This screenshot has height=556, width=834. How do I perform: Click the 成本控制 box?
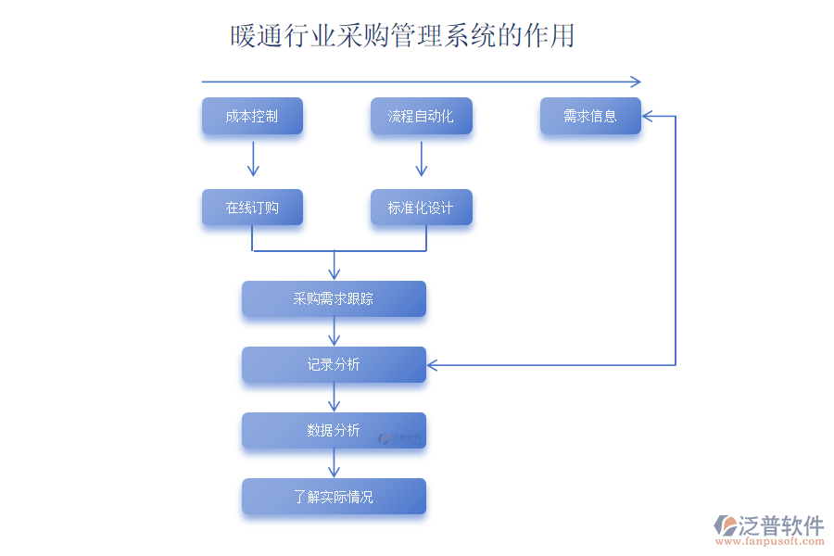(x=252, y=117)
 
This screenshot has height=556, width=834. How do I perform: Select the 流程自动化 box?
(x=421, y=117)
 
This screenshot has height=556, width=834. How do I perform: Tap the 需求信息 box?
(x=590, y=117)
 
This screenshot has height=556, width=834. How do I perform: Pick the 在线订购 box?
(x=252, y=208)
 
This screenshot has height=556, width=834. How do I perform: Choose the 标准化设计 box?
(x=421, y=208)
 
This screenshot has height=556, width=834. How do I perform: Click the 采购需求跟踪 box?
(x=334, y=299)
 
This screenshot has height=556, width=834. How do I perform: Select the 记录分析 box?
(x=334, y=365)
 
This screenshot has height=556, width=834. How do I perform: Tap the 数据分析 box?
(x=334, y=431)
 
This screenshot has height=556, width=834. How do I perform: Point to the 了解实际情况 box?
(x=334, y=497)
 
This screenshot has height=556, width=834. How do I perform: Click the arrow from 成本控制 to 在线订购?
(x=253, y=159)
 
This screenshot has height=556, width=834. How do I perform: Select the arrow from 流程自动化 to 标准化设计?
(x=422, y=159)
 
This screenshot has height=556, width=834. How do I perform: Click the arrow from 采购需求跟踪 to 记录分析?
(x=335, y=332)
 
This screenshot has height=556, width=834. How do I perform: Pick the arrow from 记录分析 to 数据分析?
(x=335, y=398)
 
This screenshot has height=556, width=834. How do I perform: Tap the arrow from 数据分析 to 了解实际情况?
(x=335, y=463)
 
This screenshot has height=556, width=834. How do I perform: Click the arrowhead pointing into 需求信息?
(x=647, y=117)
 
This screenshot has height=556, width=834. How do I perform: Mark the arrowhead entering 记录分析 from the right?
(x=432, y=365)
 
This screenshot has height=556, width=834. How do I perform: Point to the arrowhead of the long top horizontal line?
(x=636, y=82)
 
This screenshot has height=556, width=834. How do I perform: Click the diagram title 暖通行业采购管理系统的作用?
(x=402, y=36)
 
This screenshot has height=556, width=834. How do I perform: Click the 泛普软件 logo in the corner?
(x=769, y=529)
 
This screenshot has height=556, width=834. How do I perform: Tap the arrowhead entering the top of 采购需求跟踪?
(x=335, y=274)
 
